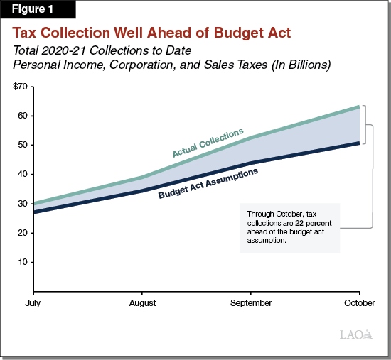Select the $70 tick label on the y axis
(21, 86)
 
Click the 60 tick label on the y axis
(23, 116)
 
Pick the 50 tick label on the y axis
(23, 145)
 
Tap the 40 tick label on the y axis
(23, 174)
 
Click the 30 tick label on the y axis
(23, 204)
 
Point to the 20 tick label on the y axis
(23, 233)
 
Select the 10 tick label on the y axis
(23, 262)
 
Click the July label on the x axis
(33, 303)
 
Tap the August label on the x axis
(142, 303)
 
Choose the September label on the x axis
(251, 303)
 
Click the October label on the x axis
(359, 303)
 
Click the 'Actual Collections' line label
(208, 143)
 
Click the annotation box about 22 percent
(290, 227)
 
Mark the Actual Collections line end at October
(359, 107)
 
